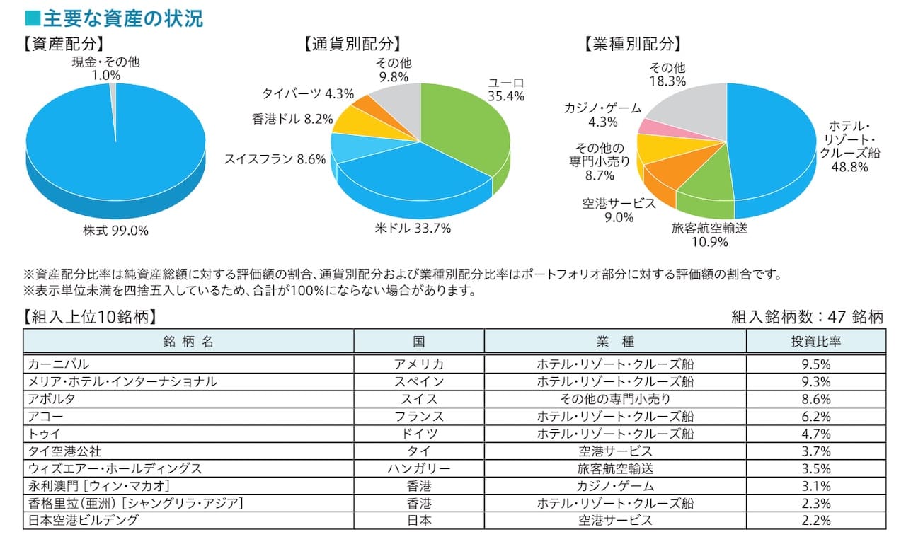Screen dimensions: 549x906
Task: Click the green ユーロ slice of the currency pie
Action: point(467,134)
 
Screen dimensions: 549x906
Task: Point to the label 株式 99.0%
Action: point(116,230)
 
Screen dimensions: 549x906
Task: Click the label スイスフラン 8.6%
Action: point(275,159)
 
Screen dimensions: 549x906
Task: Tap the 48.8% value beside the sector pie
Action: point(850,167)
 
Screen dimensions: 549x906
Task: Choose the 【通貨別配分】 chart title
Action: point(352,45)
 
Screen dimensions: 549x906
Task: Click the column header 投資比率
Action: point(815,341)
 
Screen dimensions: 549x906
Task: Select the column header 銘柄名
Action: point(188,341)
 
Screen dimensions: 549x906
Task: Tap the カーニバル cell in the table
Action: point(58,364)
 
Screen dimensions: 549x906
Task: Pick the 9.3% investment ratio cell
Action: point(815,382)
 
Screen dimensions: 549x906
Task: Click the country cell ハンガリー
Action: point(418,468)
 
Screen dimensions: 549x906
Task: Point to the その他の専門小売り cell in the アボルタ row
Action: point(614,399)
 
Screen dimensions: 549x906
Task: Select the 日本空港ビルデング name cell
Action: point(83,520)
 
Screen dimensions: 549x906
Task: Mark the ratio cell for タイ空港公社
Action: point(815,451)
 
